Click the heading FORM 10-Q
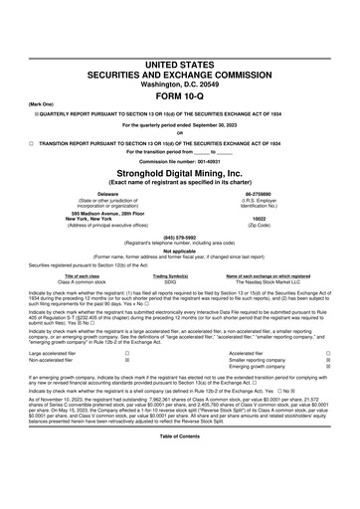[x=179, y=71]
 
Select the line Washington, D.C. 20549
[x=179, y=57]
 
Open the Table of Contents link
[x=179, y=493]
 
